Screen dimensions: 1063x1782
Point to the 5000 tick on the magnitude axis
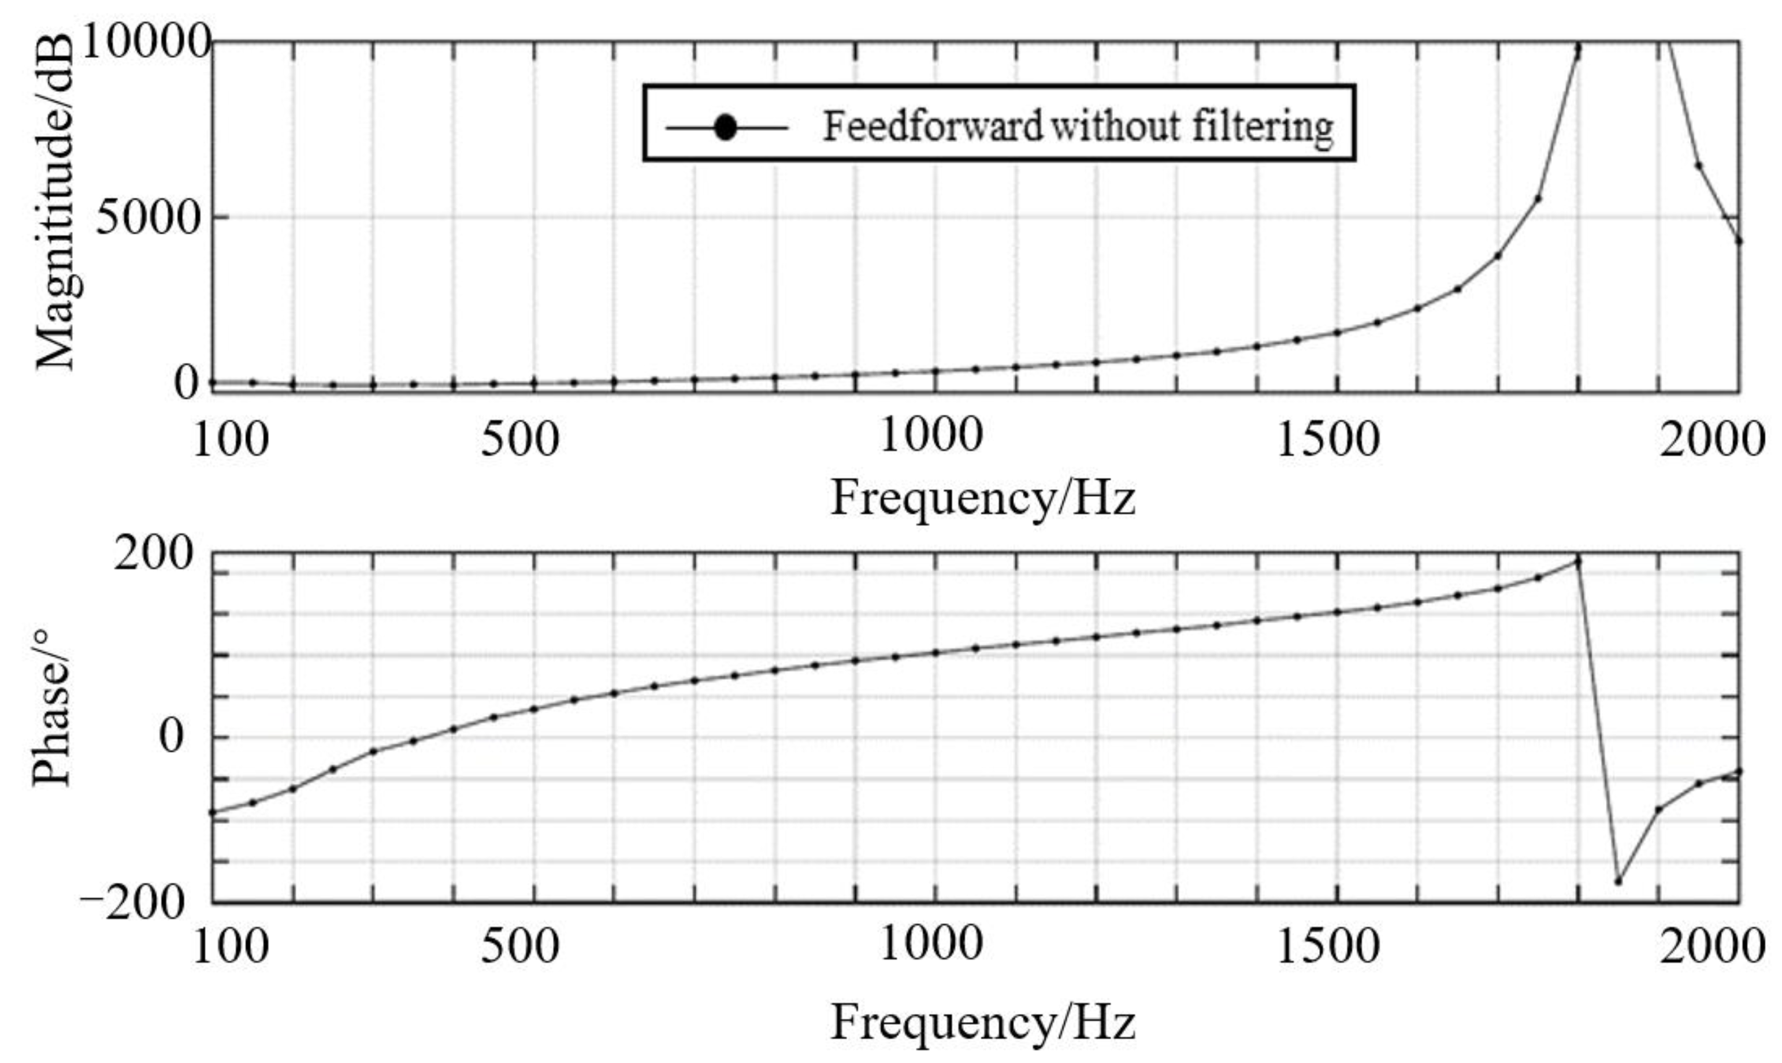147,218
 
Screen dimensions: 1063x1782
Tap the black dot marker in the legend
726,128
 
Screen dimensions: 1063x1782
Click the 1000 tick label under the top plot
930,436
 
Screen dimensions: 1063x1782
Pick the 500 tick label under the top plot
519,439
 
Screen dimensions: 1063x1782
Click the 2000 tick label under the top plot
1712,439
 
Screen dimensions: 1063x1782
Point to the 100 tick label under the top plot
231,439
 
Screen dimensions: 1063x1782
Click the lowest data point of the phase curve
1617,881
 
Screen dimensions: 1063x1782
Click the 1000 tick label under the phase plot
930,944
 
